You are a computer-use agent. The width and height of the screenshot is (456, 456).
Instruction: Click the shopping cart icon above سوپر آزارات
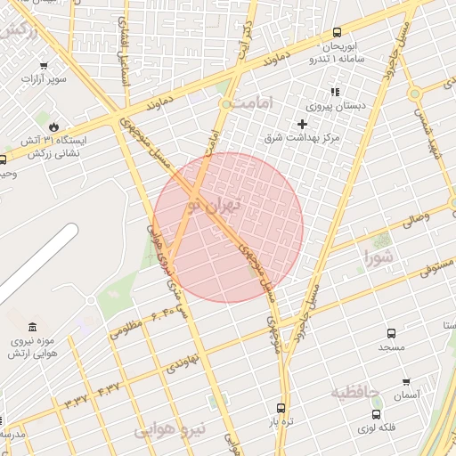tap(44, 65)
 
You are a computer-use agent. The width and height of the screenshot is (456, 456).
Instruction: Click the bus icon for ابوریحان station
tap(336, 32)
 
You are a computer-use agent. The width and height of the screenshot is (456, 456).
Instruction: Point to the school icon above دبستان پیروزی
tap(335, 91)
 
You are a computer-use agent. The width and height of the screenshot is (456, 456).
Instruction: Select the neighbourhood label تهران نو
tap(210, 206)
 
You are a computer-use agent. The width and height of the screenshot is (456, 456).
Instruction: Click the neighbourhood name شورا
tap(379, 258)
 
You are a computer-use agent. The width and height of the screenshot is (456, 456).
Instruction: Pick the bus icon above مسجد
tap(390, 330)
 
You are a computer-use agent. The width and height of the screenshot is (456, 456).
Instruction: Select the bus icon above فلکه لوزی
tap(377, 414)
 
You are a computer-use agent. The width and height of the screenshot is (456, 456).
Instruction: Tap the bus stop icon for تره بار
tap(281, 408)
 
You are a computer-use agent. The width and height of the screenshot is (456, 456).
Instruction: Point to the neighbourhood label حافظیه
tap(355, 392)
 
